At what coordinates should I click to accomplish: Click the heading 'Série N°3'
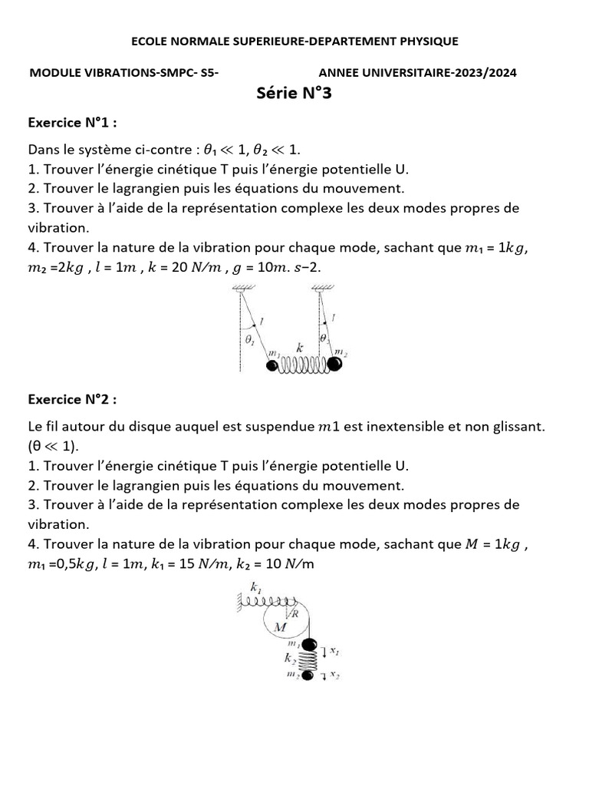(x=294, y=94)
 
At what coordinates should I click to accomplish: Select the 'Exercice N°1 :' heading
(x=74, y=122)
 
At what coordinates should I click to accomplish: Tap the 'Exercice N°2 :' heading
(x=74, y=399)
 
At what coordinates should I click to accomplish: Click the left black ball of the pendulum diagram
(x=272, y=365)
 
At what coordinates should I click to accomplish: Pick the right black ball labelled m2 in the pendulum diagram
(x=335, y=364)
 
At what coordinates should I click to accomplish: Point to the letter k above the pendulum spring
(x=301, y=348)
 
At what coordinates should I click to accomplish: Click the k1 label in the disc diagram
(x=255, y=589)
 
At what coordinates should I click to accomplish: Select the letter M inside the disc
(x=280, y=627)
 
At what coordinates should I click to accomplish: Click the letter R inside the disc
(x=294, y=613)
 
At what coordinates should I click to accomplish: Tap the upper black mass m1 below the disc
(x=308, y=646)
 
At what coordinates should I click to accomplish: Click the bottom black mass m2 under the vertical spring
(x=308, y=675)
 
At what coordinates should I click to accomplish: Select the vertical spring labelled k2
(x=308, y=660)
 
